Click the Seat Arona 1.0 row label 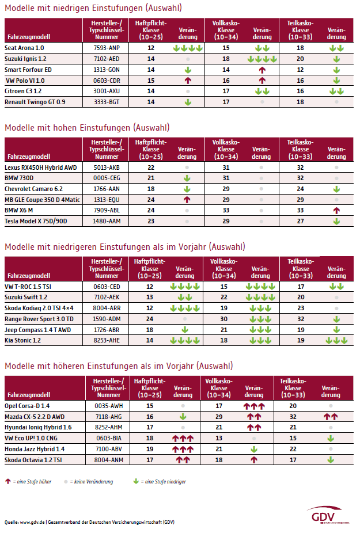point(24,48)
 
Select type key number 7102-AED point(107,59)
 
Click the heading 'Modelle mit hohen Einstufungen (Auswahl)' point(87,128)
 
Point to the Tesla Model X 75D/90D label point(36,221)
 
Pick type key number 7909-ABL point(107,211)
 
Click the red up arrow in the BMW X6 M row point(336,211)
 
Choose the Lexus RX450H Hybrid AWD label point(41,167)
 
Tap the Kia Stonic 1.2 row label point(22,340)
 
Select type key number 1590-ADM point(107,319)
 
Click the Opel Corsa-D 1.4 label point(27,406)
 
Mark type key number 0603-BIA point(108,438)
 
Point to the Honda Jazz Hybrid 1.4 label point(35,449)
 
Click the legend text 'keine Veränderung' point(91,482)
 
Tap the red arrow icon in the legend point(8,481)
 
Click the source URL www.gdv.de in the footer point(32,522)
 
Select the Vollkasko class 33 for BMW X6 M point(226,211)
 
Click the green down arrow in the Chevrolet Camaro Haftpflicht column point(187,189)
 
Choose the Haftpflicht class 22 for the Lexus point(151,167)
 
